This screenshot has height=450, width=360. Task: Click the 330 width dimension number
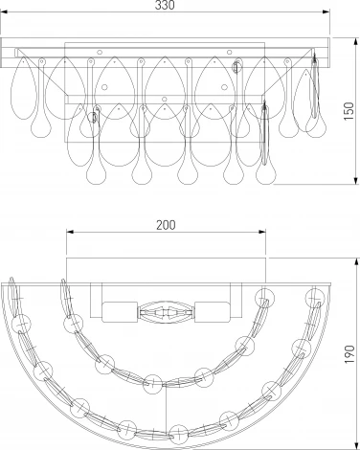165,5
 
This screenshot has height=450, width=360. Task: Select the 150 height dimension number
349,111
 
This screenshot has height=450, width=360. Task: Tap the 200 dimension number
166,225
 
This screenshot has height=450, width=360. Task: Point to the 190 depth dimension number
349,354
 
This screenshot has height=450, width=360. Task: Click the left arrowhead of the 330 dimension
4,12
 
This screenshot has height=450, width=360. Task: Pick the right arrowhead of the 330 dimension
326,12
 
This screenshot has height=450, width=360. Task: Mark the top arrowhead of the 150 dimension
356,41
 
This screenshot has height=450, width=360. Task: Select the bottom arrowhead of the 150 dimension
356,181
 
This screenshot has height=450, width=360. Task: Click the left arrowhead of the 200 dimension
70,232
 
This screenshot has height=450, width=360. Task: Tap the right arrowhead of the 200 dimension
262,232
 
